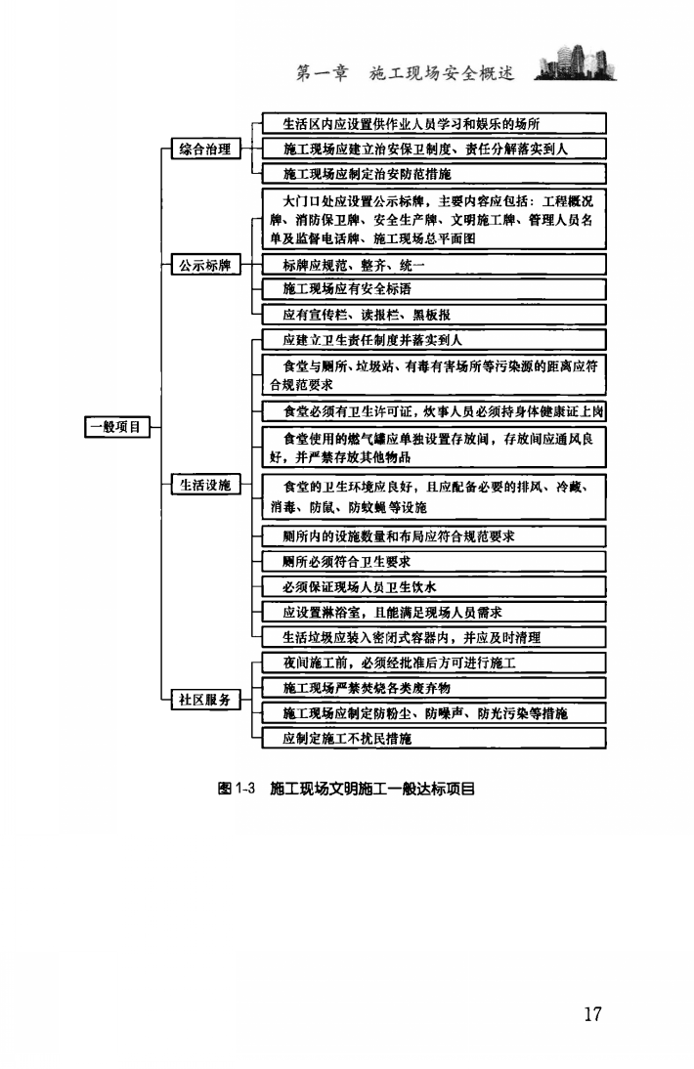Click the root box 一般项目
coord(114,426)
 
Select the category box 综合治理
coord(205,149)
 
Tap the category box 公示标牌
coord(205,264)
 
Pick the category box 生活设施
coord(205,485)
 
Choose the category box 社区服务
coord(205,700)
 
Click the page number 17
coord(592,1013)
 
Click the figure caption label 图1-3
coord(235,788)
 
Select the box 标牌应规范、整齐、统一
coord(435,264)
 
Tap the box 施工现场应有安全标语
coord(435,288)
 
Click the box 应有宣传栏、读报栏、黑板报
coord(435,314)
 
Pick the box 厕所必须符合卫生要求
coord(435,561)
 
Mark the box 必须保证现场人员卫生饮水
coord(435,587)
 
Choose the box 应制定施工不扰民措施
coord(435,738)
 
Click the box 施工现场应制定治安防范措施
coord(435,173)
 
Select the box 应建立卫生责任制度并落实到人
coord(435,339)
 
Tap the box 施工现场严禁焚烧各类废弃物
coord(435,688)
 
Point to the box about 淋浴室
coord(435,612)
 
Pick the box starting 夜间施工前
coord(435,663)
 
